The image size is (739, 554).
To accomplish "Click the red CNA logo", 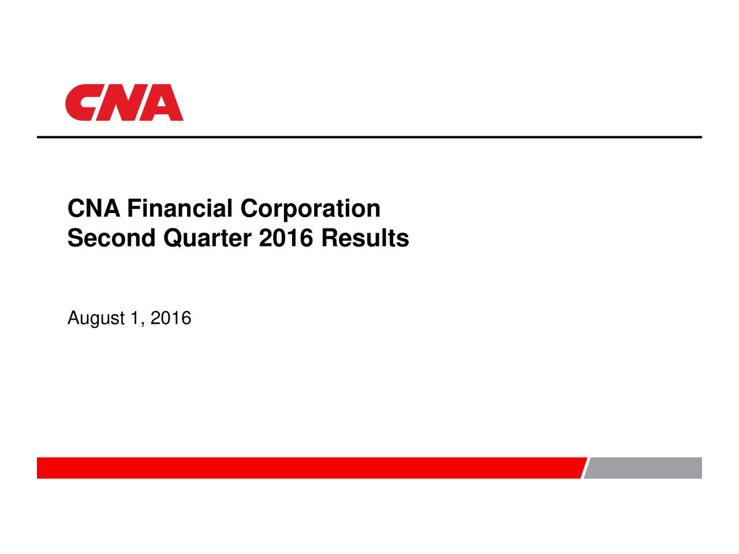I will pos(124,103).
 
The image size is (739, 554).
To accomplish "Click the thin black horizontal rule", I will pos(369,137).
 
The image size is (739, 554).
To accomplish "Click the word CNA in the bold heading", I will pos(94,209).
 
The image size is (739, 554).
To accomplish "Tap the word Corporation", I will pos(311,209).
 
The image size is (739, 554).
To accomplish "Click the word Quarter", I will pos(208,238).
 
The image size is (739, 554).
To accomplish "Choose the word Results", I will pos(365,238).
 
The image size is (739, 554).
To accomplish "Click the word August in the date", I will pos(96,319).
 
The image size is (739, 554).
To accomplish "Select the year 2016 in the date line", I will pos(170,318).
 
